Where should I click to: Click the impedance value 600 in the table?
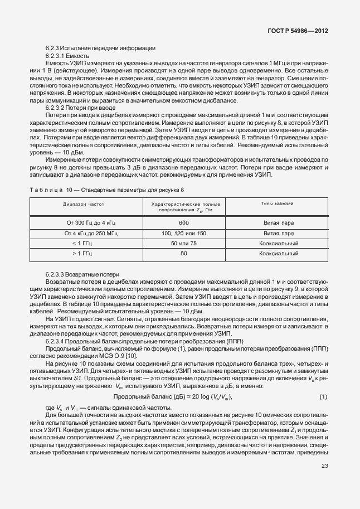point(184,222)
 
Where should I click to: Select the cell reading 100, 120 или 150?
point(184,232)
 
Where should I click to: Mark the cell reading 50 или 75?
point(184,243)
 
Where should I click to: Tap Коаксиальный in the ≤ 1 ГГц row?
point(279,243)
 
